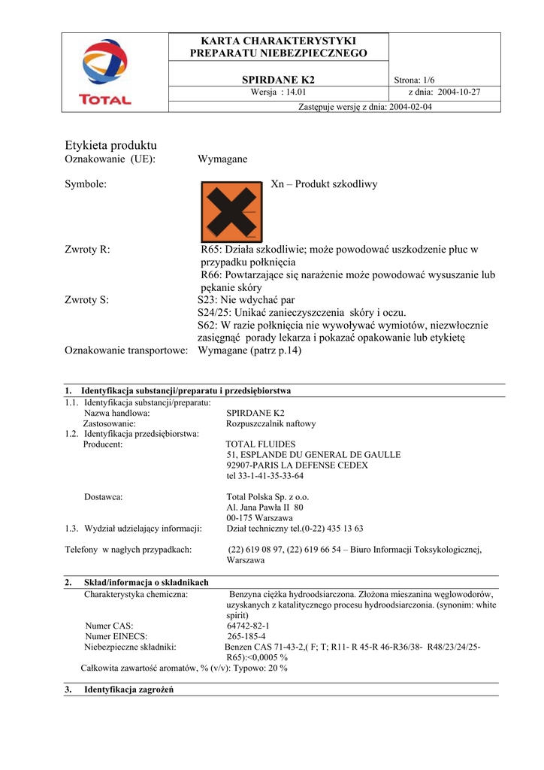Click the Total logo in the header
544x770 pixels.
point(105,72)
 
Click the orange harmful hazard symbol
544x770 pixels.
point(231,211)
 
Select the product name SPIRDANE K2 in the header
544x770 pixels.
point(278,80)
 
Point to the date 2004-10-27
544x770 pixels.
point(458,92)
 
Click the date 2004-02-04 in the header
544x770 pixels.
point(410,107)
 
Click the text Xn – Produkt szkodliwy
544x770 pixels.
point(324,184)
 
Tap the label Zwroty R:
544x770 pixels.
point(87,250)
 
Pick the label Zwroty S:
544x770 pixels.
point(87,299)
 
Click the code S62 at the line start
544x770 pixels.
point(207,326)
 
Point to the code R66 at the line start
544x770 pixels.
point(212,275)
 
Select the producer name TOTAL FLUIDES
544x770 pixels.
point(261,444)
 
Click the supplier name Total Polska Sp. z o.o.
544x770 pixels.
point(267,497)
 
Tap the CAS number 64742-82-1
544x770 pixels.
point(248,626)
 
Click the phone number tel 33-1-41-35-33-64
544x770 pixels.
point(264,476)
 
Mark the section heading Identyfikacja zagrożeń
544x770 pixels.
point(128,690)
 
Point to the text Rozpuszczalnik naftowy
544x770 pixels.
point(270,423)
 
